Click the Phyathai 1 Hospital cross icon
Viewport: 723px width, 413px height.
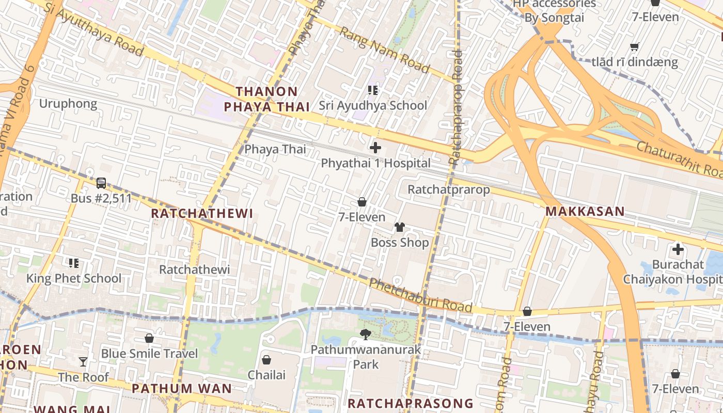(x=375, y=148)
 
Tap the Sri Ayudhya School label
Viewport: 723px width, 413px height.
(x=372, y=105)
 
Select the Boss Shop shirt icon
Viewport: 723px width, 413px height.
(x=400, y=227)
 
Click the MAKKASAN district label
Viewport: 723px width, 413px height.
(x=585, y=211)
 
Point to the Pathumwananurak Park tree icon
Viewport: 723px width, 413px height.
(x=366, y=335)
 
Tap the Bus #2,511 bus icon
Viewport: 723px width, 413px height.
(x=101, y=183)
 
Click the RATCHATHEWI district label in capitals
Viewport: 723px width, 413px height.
(x=202, y=213)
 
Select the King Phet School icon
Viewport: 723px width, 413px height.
(x=74, y=263)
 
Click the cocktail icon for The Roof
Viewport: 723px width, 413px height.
(x=83, y=362)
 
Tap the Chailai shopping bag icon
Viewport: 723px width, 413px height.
(x=266, y=360)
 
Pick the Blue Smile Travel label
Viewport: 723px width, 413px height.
(x=149, y=354)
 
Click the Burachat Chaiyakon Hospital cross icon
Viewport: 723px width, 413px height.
(x=678, y=250)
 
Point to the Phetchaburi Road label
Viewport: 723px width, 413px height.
(x=420, y=296)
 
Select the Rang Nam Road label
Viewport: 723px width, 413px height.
(x=384, y=50)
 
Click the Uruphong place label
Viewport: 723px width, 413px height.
(x=68, y=104)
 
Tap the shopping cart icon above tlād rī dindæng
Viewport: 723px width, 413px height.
(x=635, y=47)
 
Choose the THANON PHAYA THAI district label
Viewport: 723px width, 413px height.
(x=266, y=99)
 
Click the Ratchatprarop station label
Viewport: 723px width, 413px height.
(x=448, y=189)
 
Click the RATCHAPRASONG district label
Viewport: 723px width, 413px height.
(x=411, y=403)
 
